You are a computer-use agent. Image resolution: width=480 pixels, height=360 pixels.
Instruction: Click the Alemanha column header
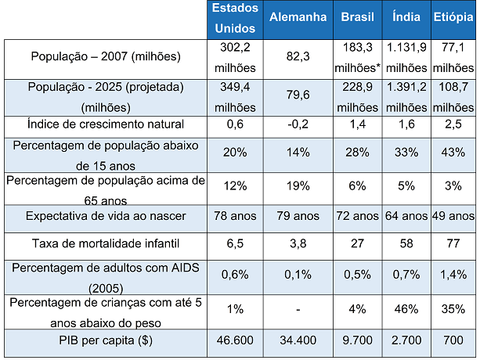coord(298,17)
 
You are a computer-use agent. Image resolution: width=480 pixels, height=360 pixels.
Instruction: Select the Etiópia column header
coord(453,17)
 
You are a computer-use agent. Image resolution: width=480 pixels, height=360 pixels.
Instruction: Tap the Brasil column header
coord(357,17)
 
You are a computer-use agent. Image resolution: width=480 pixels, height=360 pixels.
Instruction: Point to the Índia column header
coord(406,16)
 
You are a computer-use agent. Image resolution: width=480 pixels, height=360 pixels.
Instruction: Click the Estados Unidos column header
coord(235,18)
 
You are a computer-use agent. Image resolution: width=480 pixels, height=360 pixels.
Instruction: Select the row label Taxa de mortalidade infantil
coord(106,243)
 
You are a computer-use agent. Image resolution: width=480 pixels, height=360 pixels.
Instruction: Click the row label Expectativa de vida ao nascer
coord(106,216)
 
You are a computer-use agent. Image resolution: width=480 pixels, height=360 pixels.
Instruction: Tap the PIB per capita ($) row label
coord(106,340)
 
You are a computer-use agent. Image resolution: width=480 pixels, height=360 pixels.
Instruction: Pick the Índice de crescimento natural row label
coord(106,124)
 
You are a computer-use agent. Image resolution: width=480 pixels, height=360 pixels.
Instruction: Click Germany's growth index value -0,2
coord(298,124)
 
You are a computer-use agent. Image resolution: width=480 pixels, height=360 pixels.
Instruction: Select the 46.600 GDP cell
coord(235,340)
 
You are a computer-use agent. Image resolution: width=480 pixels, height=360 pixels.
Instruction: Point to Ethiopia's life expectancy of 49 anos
coord(453,216)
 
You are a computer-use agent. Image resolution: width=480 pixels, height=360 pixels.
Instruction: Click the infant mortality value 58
coord(406,243)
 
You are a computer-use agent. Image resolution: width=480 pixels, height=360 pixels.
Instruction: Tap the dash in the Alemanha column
coord(298,310)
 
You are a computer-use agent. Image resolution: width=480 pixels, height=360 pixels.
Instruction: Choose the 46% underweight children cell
coord(406,309)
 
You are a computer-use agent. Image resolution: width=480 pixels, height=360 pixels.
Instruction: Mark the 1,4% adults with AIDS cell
coord(453,275)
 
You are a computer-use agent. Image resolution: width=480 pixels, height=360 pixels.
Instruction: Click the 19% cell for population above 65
coord(298,186)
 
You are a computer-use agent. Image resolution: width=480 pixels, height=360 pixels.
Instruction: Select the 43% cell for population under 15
coord(453,153)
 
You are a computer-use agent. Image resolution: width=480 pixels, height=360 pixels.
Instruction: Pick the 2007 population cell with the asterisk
coord(357,58)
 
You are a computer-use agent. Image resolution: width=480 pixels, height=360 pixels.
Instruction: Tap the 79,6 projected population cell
coord(298,95)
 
